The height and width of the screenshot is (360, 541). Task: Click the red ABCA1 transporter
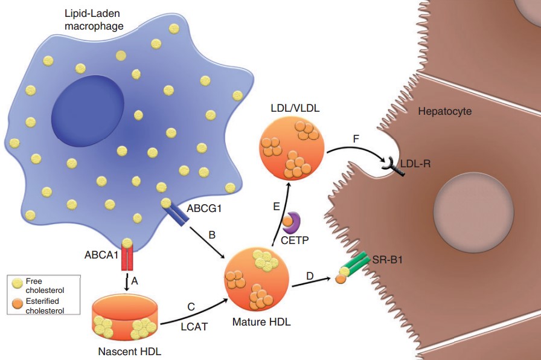click(127, 258)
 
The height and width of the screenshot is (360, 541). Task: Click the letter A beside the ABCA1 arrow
click(135, 280)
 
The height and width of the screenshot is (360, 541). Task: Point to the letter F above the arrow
click(356, 140)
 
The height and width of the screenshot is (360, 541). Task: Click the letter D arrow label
click(310, 277)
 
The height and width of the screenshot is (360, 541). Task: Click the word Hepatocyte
click(444, 111)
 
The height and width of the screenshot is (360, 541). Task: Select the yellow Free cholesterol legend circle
click(16, 283)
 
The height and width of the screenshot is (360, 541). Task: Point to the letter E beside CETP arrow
click(276, 206)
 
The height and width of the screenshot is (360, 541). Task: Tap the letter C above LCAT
click(191, 307)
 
